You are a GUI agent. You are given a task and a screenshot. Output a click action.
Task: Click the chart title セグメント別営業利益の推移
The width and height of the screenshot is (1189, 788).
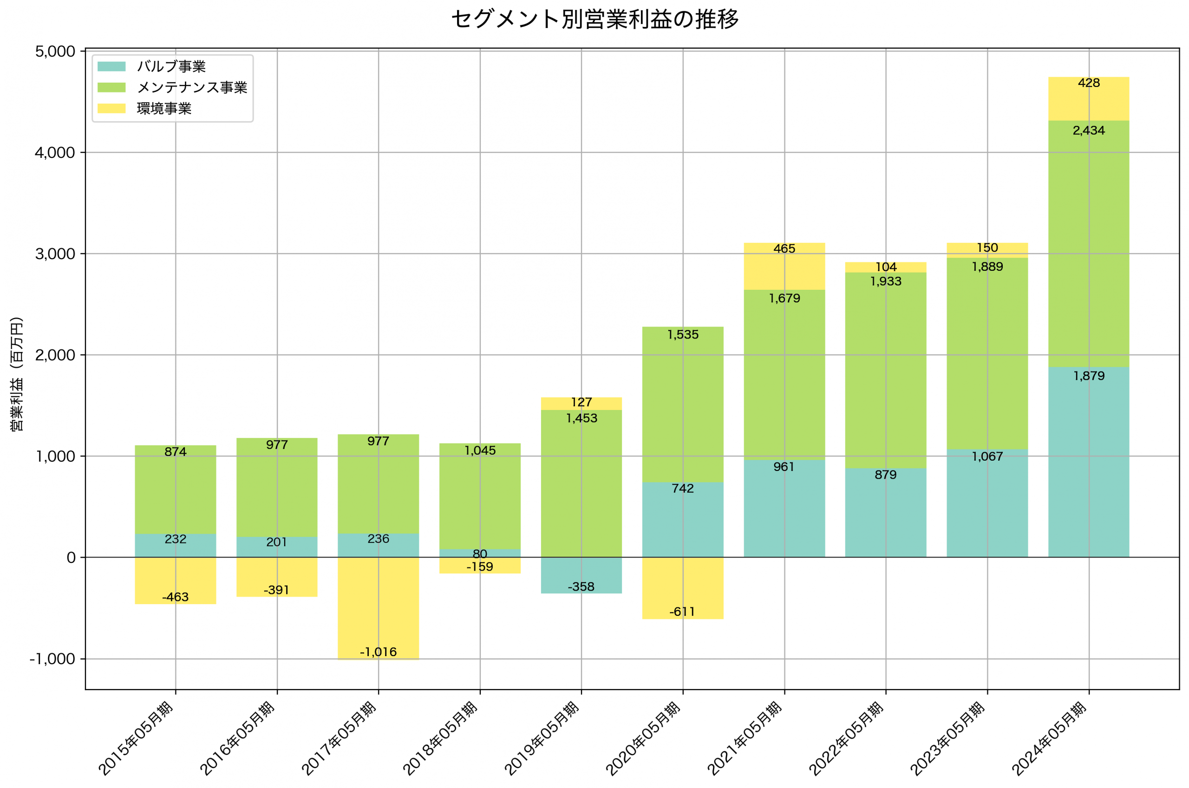click(594, 19)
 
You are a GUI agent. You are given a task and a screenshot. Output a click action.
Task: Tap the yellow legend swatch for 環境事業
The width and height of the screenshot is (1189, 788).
click(111, 109)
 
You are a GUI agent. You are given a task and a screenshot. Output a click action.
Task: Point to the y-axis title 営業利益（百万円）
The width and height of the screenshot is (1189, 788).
click(17, 374)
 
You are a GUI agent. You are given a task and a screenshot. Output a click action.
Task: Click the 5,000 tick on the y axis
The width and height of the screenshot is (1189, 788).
click(55, 52)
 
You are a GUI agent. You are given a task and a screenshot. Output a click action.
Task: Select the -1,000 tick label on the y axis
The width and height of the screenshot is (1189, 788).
click(52, 659)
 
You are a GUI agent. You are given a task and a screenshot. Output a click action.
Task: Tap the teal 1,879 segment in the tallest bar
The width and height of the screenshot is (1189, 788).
click(1089, 468)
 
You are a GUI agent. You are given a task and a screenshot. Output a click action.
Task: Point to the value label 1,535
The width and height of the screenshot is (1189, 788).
click(682, 335)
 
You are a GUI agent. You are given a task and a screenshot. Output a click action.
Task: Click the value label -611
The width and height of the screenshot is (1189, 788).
click(682, 612)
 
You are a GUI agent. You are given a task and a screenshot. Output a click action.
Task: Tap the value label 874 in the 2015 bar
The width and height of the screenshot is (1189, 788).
click(176, 452)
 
